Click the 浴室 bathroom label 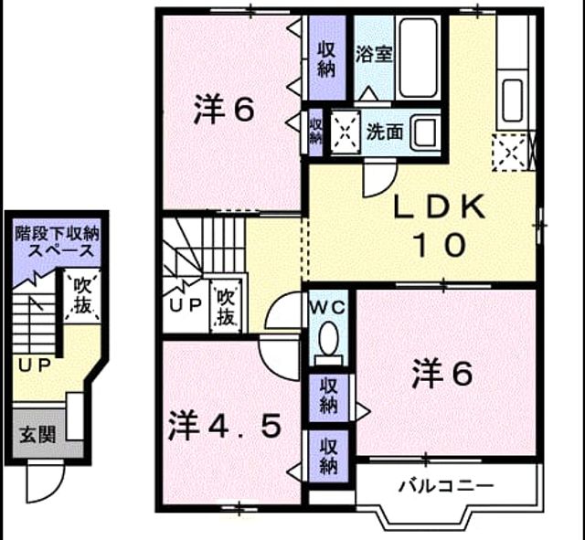tap(374, 55)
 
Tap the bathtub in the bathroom tap(418, 58)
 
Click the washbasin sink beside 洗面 tap(425, 132)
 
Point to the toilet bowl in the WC tap(329, 338)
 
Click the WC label tap(329, 308)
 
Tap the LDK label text tap(441, 206)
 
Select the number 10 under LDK tap(441, 245)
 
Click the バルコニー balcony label tap(446, 485)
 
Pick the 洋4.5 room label tap(225, 427)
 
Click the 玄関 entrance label tap(37, 434)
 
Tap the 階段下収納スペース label tap(57, 242)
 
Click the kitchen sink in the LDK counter tap(512, 101)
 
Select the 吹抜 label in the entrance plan tap(82, 295)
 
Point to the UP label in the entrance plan tap(35, 365)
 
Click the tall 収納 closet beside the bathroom tap(327, 58)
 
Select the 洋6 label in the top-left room tap(224, 109)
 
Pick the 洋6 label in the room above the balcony tap(442, 373)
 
